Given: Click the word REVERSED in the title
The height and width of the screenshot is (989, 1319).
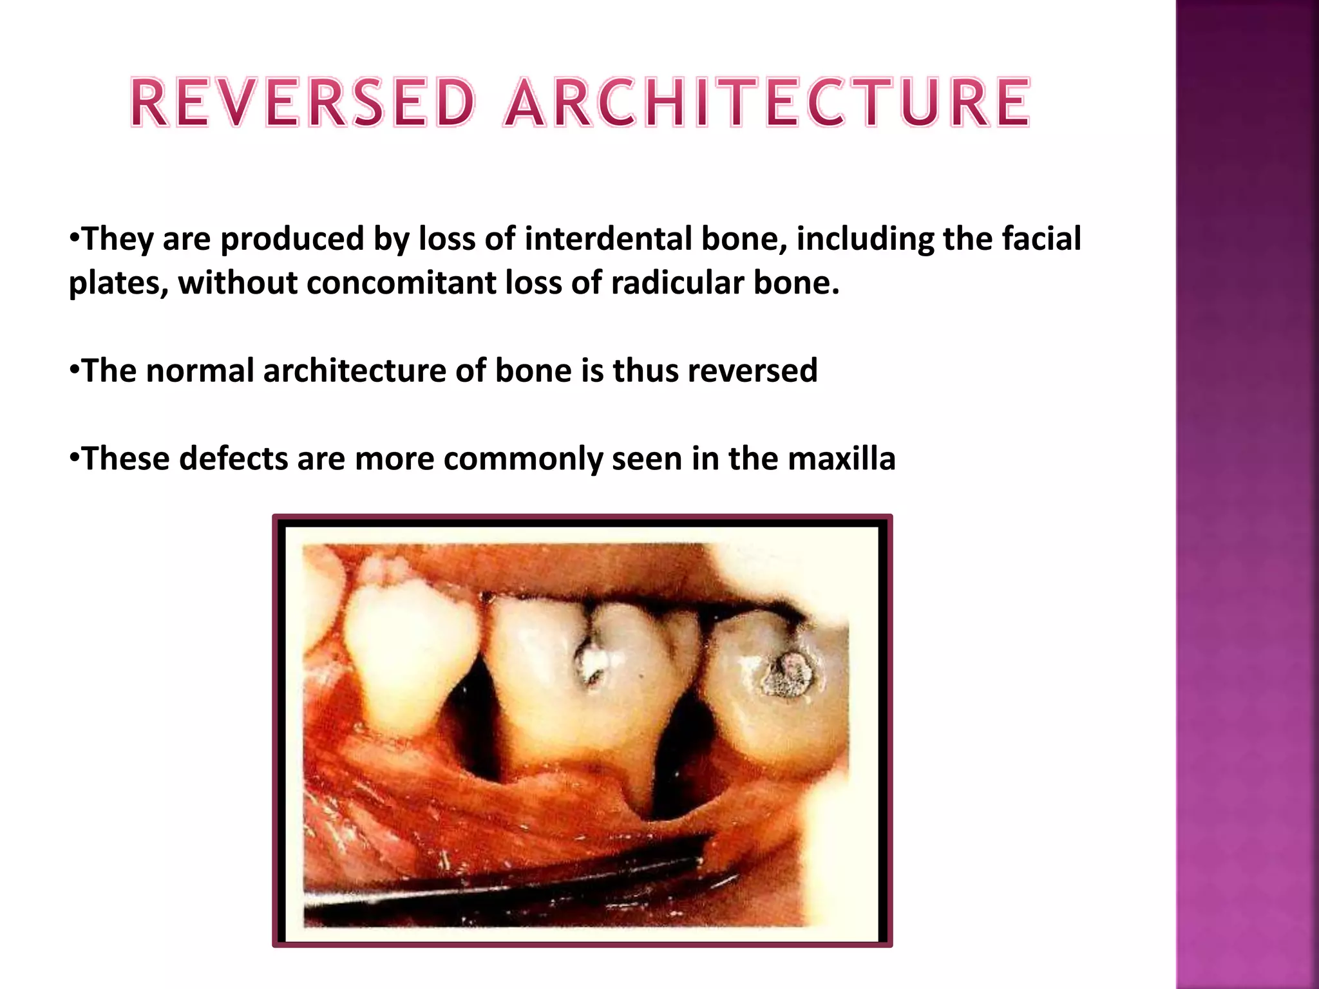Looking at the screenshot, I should click(x=303, y=103).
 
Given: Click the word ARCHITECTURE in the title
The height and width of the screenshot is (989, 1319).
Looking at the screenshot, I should click(x=766, y=103).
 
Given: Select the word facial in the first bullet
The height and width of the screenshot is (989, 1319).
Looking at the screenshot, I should click(x=1041, y=239).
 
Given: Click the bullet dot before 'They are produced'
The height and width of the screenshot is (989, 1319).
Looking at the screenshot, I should click(x=75, y=238).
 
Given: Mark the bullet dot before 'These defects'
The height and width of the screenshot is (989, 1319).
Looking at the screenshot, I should click(x=75, y=458).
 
